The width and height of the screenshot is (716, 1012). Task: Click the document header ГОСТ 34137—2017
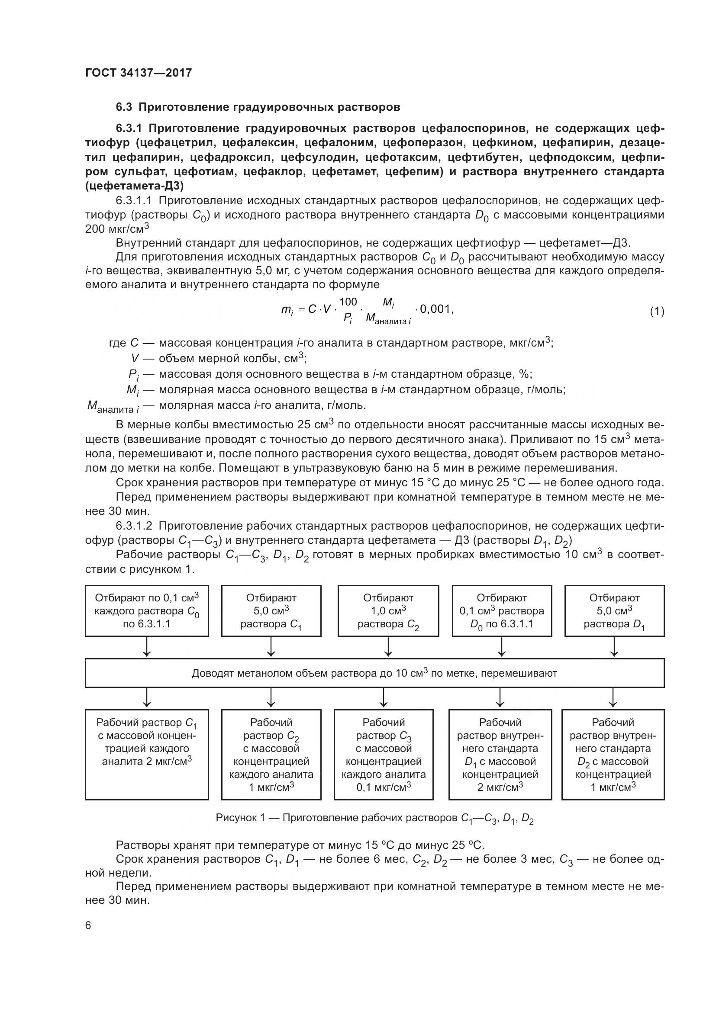[139, 73]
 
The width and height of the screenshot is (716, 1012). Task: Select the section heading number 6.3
[124, 107]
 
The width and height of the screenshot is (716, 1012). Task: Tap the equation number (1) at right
[657, 312]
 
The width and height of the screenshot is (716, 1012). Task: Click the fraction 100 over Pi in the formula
[348, 310]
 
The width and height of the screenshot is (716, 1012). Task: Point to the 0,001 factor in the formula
[436, 309]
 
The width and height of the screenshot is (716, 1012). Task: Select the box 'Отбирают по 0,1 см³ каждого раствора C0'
[147, 611]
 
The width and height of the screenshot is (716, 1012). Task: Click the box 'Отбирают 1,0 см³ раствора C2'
[388, 611]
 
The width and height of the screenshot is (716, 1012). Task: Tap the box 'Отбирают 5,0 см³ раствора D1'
[614, 611]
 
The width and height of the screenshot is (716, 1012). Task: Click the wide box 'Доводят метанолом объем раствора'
[374, 673]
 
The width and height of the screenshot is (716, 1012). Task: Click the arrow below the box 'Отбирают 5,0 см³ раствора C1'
[271, 646]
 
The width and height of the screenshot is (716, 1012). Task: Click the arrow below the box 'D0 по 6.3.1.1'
[502, 646]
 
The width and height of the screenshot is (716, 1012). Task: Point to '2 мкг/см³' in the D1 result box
[500, 787]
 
